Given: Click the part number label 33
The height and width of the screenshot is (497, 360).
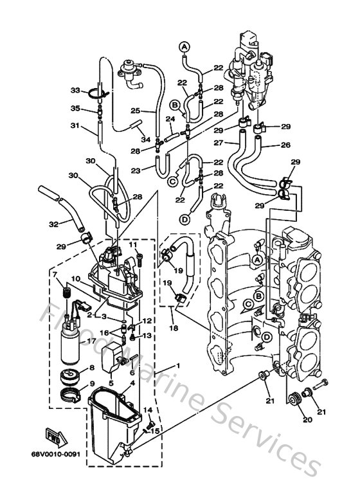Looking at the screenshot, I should pos(75,89).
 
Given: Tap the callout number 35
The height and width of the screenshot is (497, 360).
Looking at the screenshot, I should pos(75,108).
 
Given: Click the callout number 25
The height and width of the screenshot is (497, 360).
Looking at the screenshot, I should pos(134,110).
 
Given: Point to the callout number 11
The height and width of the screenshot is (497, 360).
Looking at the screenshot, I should pos(133,245).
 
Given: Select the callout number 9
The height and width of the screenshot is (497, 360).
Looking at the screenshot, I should pos(91,384).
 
